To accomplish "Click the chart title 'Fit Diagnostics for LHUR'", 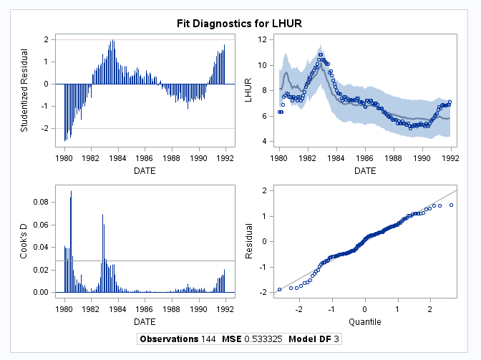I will [240, 24].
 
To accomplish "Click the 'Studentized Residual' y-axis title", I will [24, 90].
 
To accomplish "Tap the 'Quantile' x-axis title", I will [365, 321].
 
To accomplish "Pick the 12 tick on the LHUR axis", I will [262, 39].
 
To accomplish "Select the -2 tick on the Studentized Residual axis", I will [47, 128].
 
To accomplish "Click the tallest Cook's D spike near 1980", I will [71, 192].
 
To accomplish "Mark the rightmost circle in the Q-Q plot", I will [451, 205].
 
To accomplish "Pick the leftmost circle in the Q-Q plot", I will [279, 289].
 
